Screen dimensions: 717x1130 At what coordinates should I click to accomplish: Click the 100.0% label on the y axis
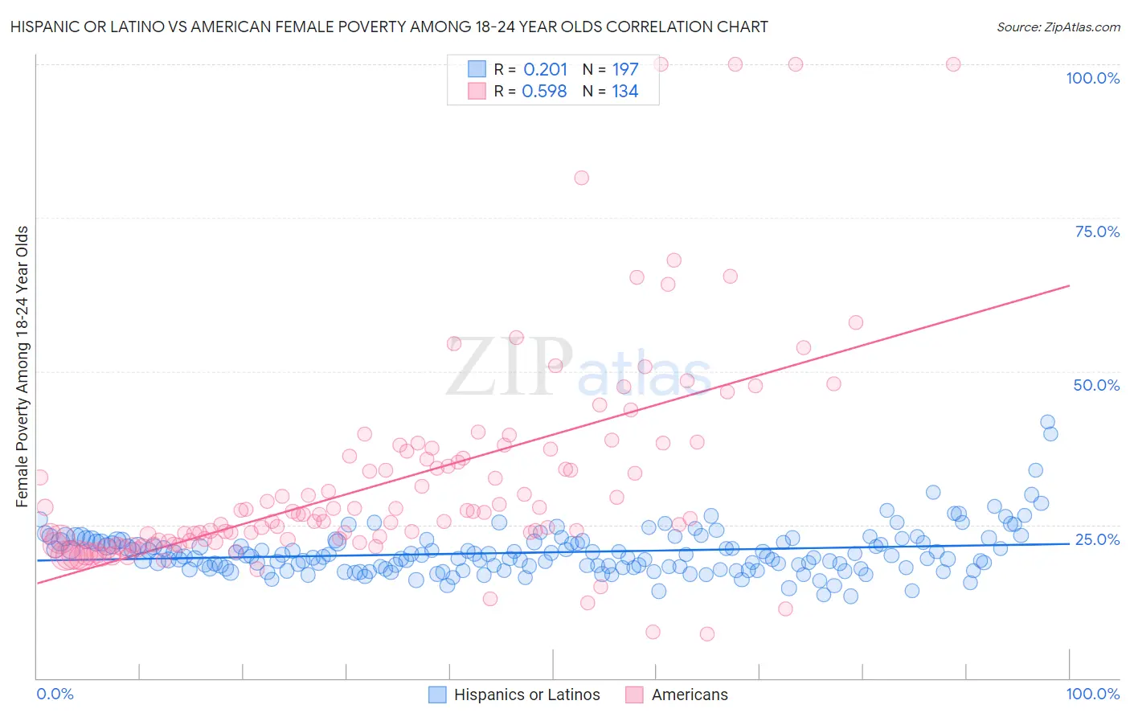[x=1092, y=78]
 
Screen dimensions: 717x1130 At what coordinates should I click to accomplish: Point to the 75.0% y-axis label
[x=1097, y=231]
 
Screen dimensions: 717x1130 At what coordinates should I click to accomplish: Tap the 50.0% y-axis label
[x=1096, y=385]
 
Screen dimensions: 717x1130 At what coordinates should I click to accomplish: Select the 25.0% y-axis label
[x=1097, y=539]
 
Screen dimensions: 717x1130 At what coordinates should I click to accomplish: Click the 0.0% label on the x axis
[x=55, y=694]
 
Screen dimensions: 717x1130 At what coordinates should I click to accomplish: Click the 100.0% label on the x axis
[x=1092, y=694]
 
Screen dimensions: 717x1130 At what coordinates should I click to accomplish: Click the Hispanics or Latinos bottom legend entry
[x=526, y=694]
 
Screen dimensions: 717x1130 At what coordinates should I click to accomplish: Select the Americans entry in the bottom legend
[x=689, y=694]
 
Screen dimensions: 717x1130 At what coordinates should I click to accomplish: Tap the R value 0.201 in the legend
[x=545, y=70]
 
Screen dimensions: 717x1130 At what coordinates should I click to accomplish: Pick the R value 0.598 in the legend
[x=544, y=92]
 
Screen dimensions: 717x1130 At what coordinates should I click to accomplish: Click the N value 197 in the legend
[x=624, y=70]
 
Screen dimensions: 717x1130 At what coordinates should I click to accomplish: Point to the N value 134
[x=624, y=92]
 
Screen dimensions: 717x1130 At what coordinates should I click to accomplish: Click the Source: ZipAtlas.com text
[x=1058, y=27]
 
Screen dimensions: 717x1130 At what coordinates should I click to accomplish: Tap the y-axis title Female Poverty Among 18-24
[x=23, y=367]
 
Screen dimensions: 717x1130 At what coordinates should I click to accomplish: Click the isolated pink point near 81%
[x=581, y=178]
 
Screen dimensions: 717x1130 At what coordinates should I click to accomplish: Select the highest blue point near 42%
[x=1047, y=422]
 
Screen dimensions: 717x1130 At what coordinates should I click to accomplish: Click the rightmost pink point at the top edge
[x=953, y=64]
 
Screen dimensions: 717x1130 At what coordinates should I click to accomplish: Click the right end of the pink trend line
[x=1069, y=285]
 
